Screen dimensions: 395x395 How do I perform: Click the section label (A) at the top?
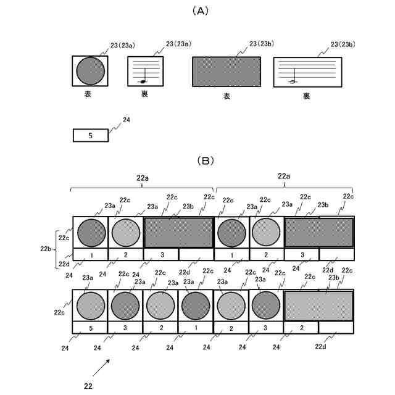coord(198,10)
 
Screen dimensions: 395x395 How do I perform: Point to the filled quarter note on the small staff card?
coord(143,81)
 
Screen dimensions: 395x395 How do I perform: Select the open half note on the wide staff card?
coord(293,81)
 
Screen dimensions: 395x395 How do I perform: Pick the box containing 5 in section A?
coord(90,135)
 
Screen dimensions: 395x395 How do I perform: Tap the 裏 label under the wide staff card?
coord(307,96)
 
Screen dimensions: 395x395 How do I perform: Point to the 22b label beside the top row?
coord(46,249)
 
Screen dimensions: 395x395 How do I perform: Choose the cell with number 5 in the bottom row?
coord(90,327)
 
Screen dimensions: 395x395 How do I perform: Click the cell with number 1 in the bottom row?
coord(196,327)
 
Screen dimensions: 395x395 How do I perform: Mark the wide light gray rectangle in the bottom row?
coord(318,306)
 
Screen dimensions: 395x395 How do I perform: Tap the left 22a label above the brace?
coord(142,177)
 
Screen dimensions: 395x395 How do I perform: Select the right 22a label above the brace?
coord(283,176)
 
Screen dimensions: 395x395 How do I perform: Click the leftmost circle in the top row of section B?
coord(90,232)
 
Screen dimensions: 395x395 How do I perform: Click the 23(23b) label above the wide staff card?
coord(343,44)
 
